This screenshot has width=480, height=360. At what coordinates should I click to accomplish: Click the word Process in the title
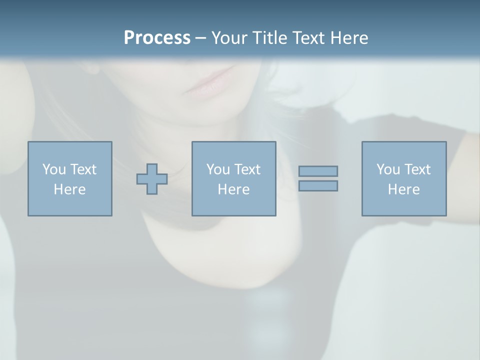tap(157, 38)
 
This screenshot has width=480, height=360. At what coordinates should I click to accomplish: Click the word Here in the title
tap(350, 38)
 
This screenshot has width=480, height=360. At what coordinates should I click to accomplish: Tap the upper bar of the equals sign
tap(318, 171)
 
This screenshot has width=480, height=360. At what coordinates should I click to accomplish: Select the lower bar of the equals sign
tap(318, 185)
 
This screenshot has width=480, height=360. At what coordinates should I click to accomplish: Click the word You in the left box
tap(54, 169)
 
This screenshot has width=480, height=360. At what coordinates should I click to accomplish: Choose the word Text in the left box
tap(82, 169)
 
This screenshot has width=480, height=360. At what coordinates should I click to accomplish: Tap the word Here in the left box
tap(70, 189)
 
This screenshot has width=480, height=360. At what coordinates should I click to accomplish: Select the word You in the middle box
tap(218, 169)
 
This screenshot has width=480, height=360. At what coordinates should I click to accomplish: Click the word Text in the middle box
tap(246, 169)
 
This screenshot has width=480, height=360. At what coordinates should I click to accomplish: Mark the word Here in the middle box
tap(234, 189)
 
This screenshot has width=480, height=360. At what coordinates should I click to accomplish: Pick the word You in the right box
tap(388, 169)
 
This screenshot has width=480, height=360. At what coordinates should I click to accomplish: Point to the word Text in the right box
tap(416, 169)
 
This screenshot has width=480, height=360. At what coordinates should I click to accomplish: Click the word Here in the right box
tap(404, 189)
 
